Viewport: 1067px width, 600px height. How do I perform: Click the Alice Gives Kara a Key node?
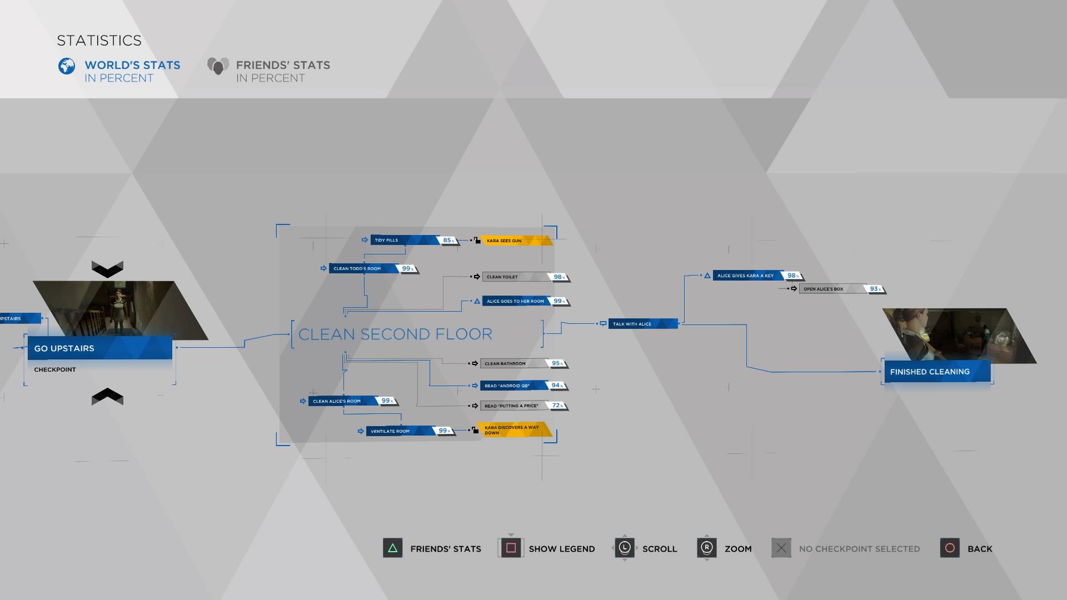coord(747,276)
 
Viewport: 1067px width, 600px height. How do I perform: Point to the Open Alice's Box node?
coord(831,289)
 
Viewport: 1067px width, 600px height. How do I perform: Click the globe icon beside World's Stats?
coord(67,66)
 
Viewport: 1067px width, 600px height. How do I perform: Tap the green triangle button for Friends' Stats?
coord(392,548)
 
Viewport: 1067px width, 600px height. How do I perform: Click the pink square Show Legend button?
coord(511,548)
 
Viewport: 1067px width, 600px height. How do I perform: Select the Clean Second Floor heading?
coord(395,334)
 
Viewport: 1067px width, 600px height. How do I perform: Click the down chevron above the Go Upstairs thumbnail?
coord(107,269)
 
